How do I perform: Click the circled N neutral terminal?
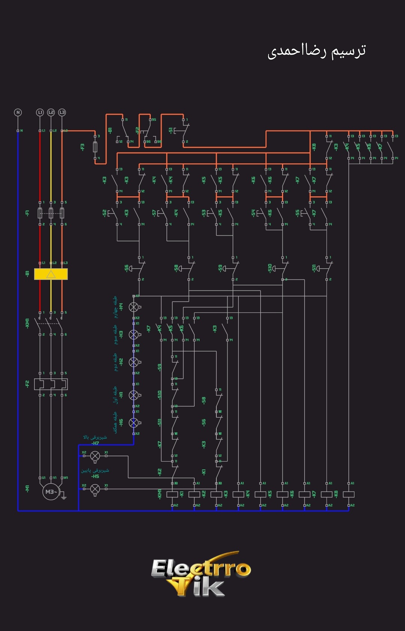[x=18, y=112]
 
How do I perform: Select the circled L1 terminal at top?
[x=40, y=112]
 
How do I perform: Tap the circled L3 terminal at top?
[x=62, y=112]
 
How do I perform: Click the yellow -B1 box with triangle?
[x=51, y=274]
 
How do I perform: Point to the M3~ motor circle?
[x=51, y=492]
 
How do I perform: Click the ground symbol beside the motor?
[x=64, y=498]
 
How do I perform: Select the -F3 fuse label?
[x=82, y=147]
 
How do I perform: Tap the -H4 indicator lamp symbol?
[x=133, y=307]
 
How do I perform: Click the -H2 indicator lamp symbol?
[x=133, y=362]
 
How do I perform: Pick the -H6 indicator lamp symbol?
[x=133, y=423]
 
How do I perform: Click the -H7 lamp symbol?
[x=95, y=456]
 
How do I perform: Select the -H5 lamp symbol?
[x=95, y=489]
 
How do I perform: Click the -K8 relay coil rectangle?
[x=349, y=494]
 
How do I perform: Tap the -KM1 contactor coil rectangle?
[x=172, y=494]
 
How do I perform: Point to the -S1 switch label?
[x=171, y=131]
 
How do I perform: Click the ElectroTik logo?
[x=201, y=573]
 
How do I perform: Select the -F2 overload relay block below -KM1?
[x=51, y=384]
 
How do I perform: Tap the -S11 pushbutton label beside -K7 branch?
[x=314, y=268]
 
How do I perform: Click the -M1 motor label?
[x=27, y=489]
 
